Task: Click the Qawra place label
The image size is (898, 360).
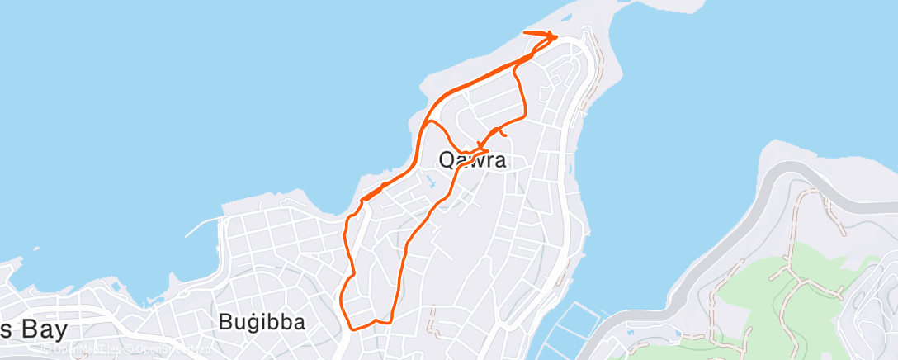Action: (472, 160)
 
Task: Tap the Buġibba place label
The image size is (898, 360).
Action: (262, 322)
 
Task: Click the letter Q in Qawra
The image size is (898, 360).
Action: (447, 160)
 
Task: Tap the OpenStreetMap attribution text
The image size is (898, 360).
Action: (170, 349)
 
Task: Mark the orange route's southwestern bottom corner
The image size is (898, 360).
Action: (350, 325)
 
